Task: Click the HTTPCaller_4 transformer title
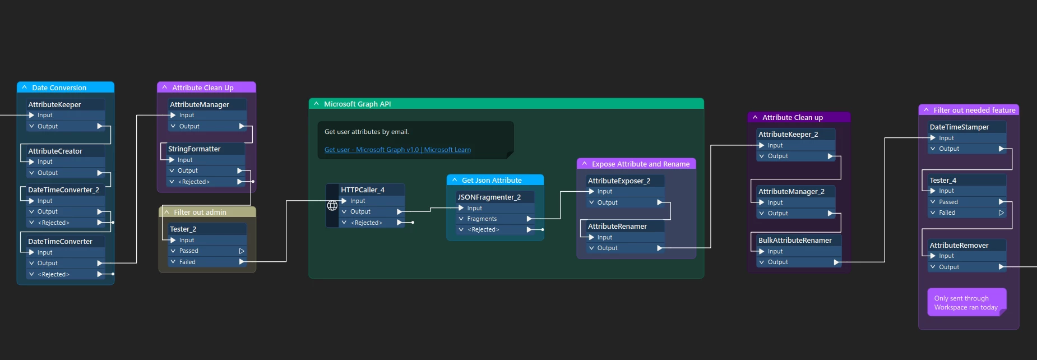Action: coord(363,190)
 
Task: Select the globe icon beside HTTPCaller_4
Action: coord(332,205)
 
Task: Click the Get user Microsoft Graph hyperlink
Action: coord(397,150)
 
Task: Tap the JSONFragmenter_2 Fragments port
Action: coord(482,219)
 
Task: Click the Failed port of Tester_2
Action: coord(188,262)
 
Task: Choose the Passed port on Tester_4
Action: coord(948,202)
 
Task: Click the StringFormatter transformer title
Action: coord(195,149)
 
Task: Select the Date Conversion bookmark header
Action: coord(59,87)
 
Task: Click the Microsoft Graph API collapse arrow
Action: coord(316,104)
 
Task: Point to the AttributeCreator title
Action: coord(55,151)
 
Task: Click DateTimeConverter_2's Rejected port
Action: coord(54,223)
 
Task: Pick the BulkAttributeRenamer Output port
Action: coord(778,262)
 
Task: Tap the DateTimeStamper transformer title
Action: coord(959,127)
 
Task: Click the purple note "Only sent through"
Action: coord(966,303)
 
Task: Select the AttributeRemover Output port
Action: coord(949,267)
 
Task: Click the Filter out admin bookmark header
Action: coord(200,212)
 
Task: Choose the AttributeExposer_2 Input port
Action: coord(605,191)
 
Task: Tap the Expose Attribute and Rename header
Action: coord(641,164)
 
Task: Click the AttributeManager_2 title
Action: coord(791,192)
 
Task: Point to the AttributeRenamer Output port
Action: coord(608,248)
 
